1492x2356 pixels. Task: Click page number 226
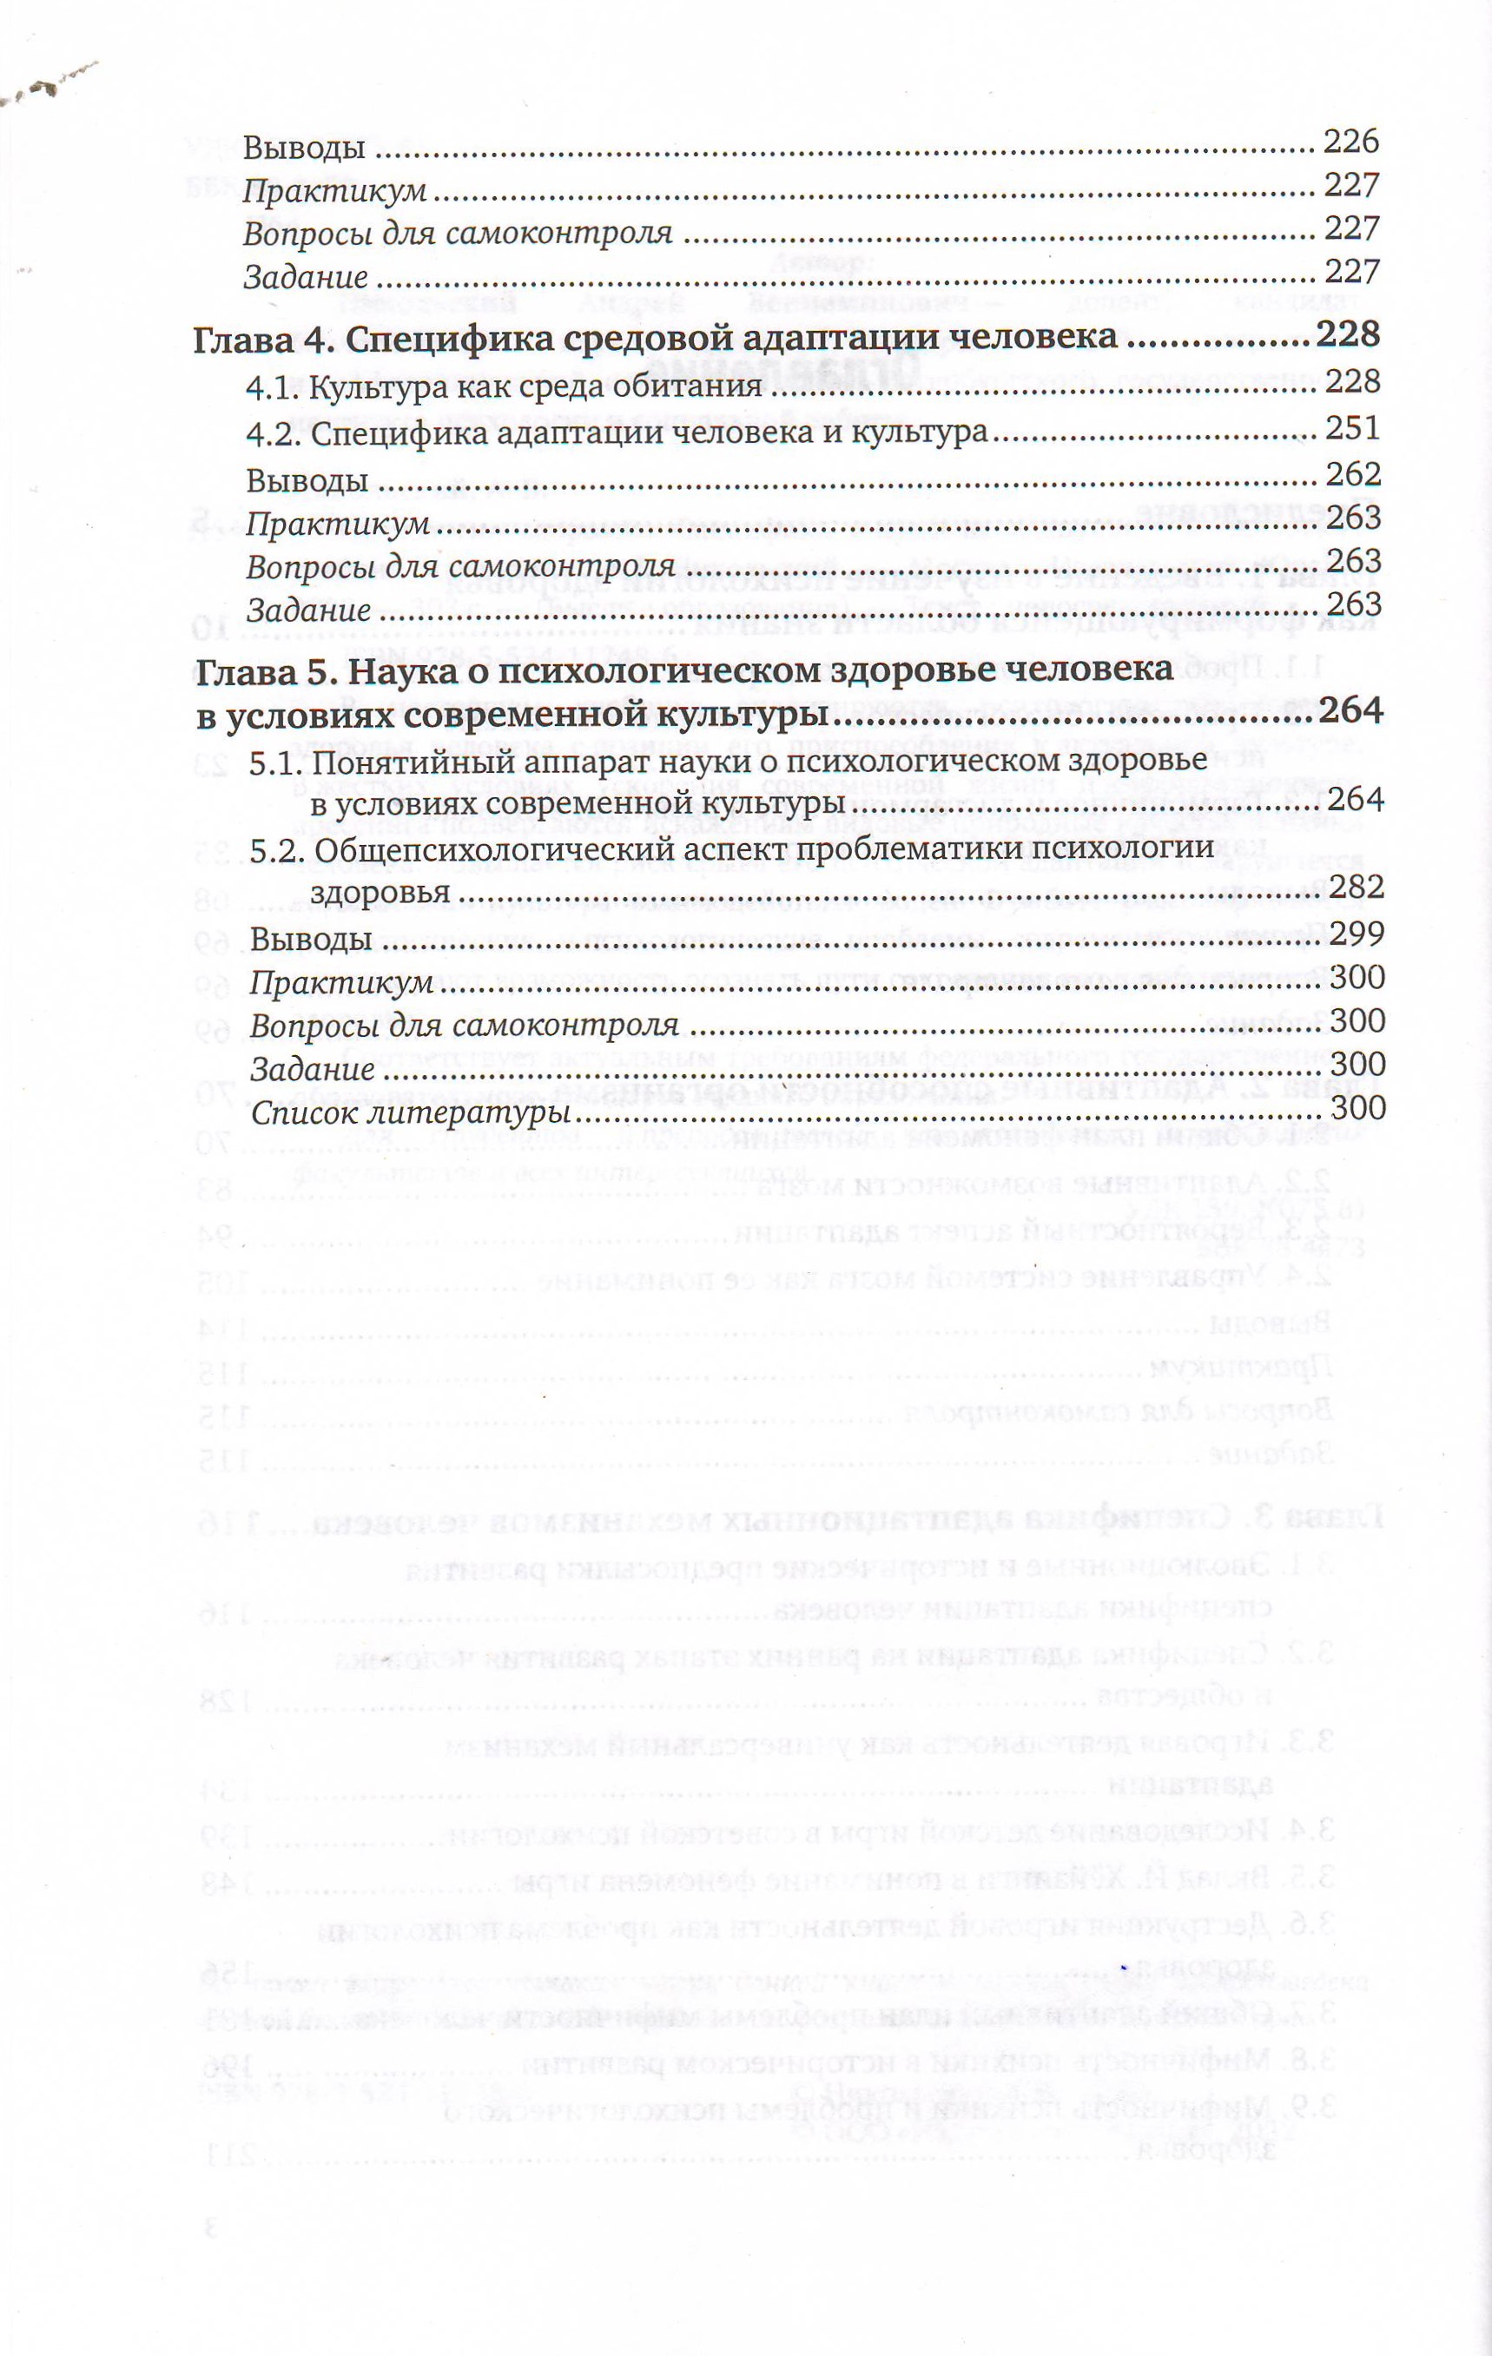point(1350,142)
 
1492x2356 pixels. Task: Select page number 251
point(1352,428)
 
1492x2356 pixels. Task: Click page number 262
point(1353,473)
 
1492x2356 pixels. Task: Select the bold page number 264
point(1350,711)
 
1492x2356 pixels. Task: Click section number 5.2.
point(276,848)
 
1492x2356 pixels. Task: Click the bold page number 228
point(1347,334)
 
